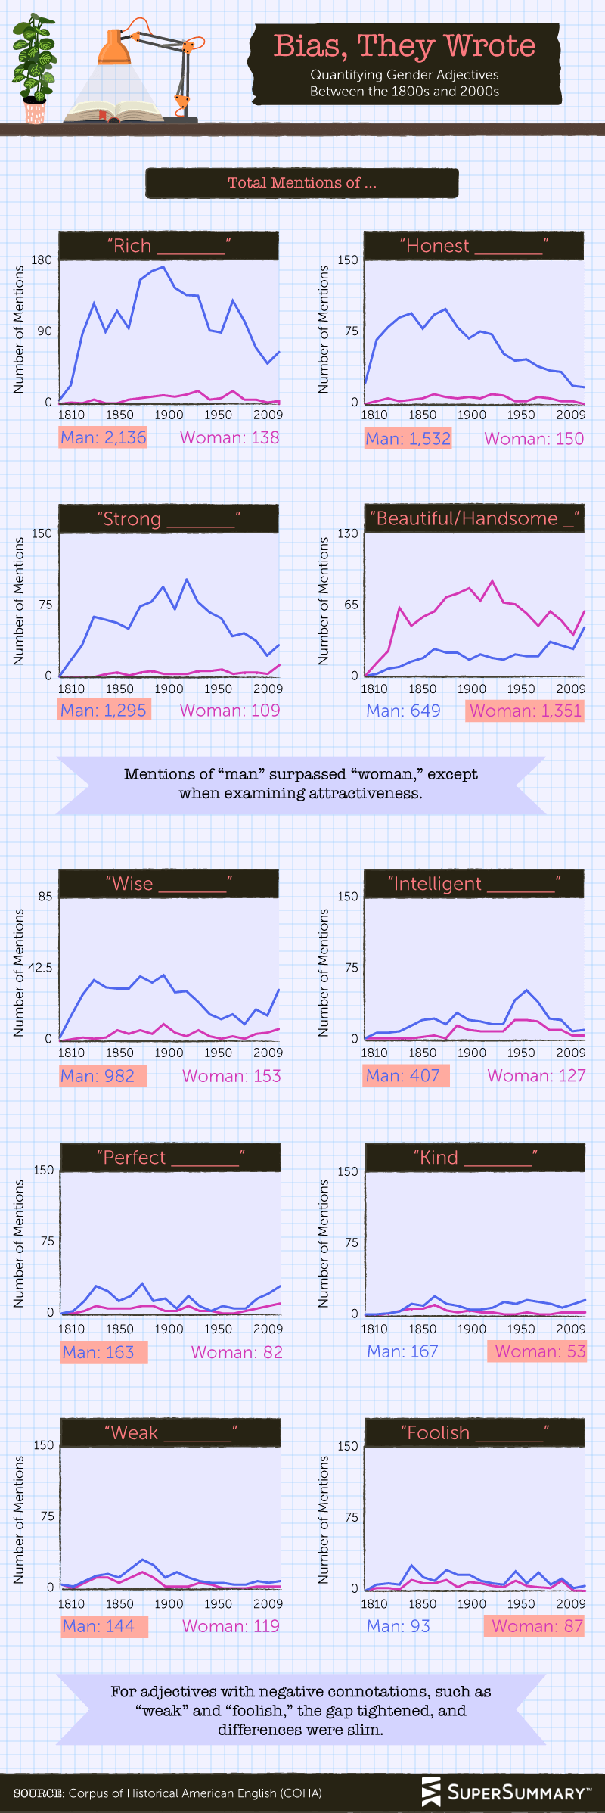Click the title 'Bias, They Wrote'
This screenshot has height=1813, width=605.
point(404,47)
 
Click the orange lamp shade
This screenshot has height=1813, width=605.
point(114,49)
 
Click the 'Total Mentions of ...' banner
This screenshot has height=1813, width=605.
point(302,183)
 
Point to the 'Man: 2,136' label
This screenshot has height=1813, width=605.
point(103,437)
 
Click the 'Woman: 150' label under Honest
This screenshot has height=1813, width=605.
point(534,439)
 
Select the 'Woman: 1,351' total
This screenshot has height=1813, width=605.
point(525,711)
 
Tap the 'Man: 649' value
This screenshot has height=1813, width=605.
point(403,711)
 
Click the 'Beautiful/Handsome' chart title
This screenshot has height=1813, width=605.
point(474,519)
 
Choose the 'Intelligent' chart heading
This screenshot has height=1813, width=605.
point(474,884)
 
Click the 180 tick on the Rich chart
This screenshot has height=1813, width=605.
point(42,260)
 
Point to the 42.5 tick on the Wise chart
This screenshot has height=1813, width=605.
point(40,968)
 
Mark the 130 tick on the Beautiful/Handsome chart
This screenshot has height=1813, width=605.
point(347,534)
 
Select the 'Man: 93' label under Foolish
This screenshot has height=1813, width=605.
point(398,1626)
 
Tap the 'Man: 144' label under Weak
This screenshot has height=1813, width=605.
point(98,1626)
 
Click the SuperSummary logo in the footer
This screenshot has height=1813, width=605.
point(506,1792)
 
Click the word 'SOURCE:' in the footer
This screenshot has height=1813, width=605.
point(39,1793)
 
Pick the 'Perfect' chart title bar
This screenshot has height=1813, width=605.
point(169,1158)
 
